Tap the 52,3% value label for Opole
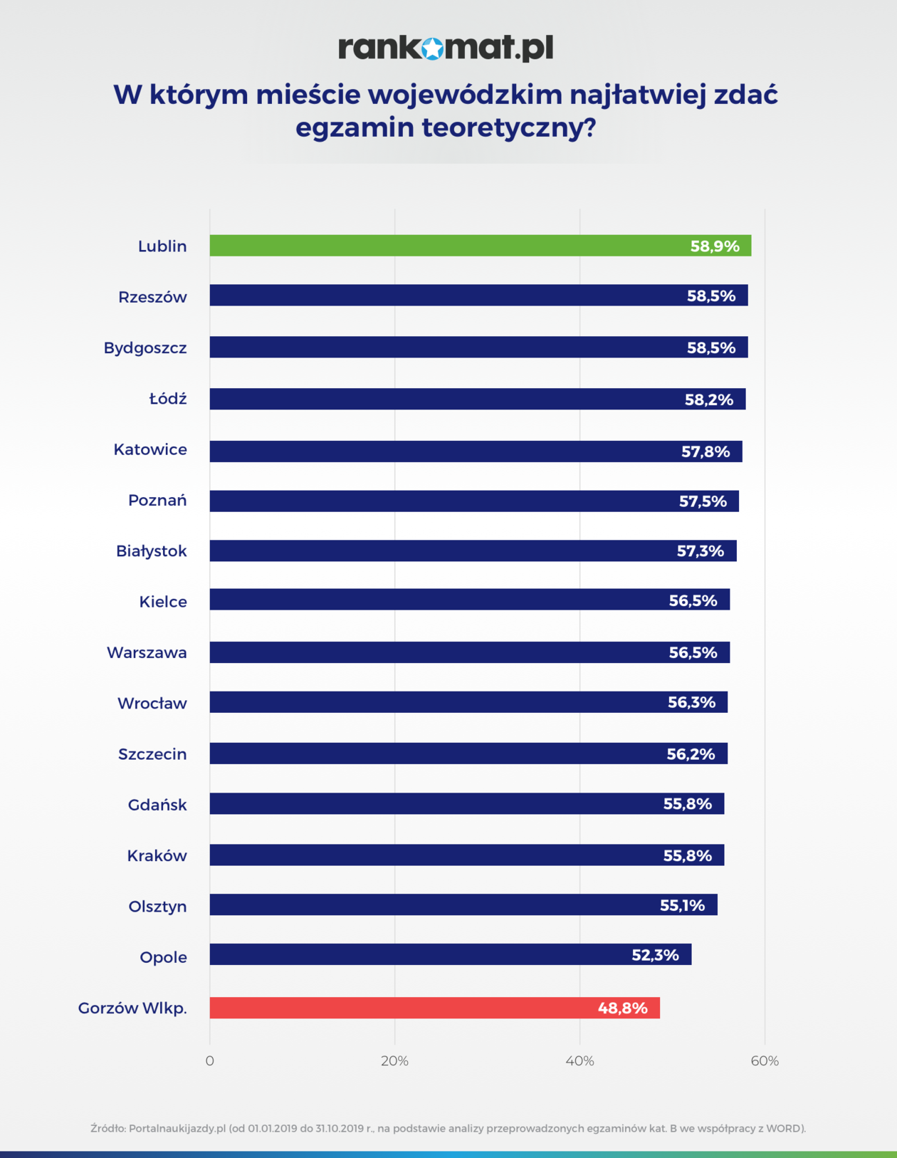pyautogui.click(x=655, y=955)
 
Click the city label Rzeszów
pyautogui.click(x=152, y=297)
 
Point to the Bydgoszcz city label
pyautogui.click(x=145, y=348)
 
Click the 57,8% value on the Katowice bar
pyautogui.click(x=705, y=452)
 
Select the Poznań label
pyautogui.click(x=157, y=500)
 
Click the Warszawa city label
pyautogui.click(x=147, y=652)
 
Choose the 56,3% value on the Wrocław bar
pyautogui.click(x=691, y=702)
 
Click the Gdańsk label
pyautogui.click(x=157, y=805)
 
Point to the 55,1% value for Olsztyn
pyautogui.click(x=682, y=905)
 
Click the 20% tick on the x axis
pyautogui.click(x=394, y=1061)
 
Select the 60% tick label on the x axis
pyautogui.click(x=765, y=1061)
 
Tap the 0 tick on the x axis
pyautogui.click(x=209, y=1061)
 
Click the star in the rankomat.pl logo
pyautogui.click(x=432, y=48)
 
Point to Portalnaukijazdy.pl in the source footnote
pyautogui.click(x=177, y=1128)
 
